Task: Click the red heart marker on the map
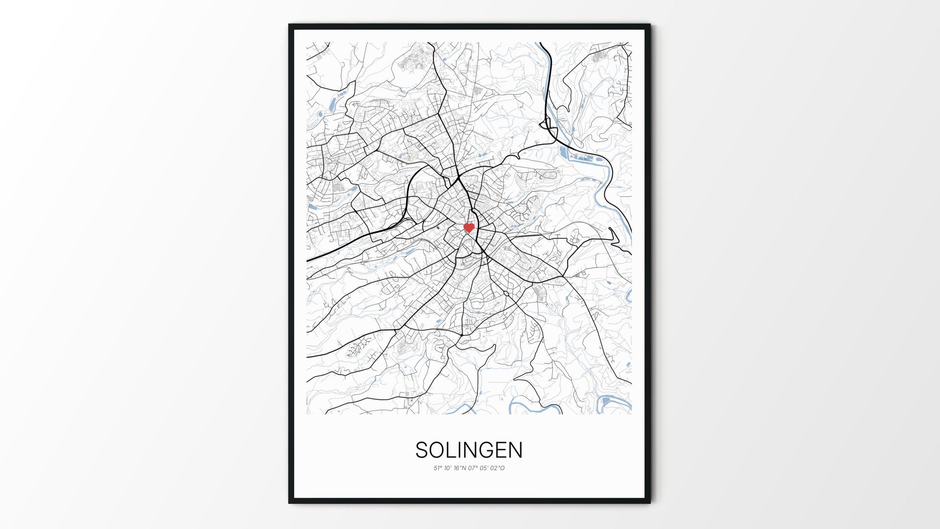(469, 228)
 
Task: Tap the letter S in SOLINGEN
(422, 450)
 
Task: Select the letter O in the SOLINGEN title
(437, 450)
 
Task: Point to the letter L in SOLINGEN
(451, 450)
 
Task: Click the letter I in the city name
(460, 450)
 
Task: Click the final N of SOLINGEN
(516, 450)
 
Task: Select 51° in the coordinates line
(438, 468)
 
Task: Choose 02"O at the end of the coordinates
(497, 468)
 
